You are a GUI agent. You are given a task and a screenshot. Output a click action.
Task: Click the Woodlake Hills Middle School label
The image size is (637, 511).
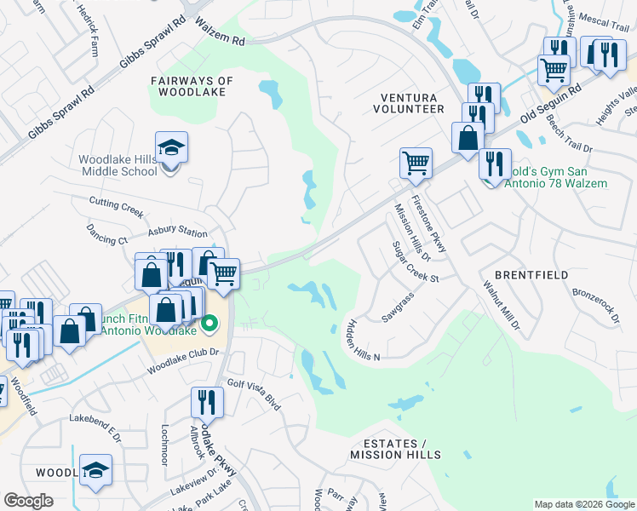[118, 165]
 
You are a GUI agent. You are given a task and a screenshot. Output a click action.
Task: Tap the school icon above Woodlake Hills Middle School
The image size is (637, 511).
[171, 147]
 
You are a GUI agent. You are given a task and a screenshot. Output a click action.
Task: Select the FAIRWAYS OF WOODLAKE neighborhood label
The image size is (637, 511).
[192, 86]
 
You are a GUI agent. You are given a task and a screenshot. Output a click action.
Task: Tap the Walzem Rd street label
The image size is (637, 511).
[220, 33]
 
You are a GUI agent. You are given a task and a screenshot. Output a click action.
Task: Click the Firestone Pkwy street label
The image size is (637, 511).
[428, 219]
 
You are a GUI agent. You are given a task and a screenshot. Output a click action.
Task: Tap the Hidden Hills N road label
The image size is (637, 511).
[364, 340]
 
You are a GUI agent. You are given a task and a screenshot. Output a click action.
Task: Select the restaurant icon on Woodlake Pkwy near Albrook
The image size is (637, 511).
[206, 400]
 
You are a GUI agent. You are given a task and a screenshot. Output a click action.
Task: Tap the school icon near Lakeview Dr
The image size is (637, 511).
[95, 469]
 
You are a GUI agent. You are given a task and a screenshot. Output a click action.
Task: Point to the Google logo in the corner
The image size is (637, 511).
[28, 501]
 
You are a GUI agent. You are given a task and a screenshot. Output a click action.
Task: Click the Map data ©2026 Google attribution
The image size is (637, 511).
[583, 504]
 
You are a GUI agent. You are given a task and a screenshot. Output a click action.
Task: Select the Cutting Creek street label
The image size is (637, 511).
[118, 202]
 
